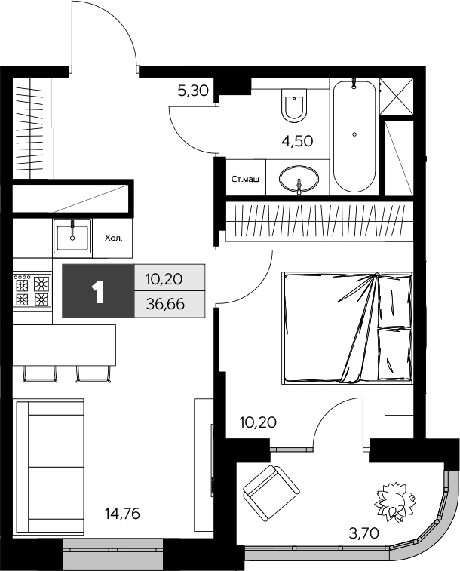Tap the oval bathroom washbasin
299,180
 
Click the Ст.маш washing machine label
245,179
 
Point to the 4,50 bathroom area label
296,140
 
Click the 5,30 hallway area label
192,92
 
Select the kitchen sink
72,236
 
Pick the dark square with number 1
97,291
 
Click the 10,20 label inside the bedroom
258,422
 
